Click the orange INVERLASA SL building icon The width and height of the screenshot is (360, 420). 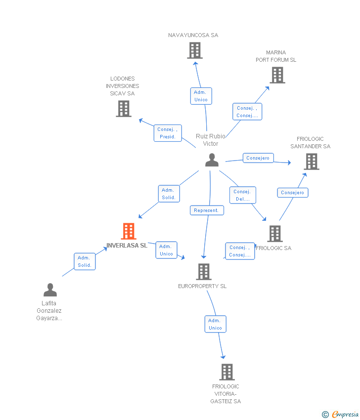(129, 231)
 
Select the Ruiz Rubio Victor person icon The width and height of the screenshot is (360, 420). (212, 160)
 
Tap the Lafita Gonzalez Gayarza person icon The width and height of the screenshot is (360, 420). (50, 290)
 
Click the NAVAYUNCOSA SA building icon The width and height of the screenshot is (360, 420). (195, 50)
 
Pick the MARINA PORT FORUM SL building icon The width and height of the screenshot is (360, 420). (277, 75)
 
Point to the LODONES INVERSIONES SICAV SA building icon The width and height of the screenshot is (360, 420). (124, 109)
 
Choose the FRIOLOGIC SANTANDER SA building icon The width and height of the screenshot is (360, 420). (312, 162)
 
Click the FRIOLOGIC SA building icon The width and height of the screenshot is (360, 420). (275, 234)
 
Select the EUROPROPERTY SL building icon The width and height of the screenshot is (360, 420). (204, 272)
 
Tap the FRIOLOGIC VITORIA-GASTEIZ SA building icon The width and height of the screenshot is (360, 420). (227, 372)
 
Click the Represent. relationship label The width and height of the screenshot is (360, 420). (207, 210)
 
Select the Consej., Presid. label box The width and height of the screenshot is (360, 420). (168, 133)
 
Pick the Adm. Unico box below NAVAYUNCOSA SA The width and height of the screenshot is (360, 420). (201, 96)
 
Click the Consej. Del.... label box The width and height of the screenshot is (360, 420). (243, 195)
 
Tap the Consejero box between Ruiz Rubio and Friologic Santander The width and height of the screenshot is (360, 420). (258, 158)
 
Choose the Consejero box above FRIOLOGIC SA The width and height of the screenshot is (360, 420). (293, 193)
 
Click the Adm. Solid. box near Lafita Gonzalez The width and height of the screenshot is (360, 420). (85, 261)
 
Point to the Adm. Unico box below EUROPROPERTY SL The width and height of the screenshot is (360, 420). (216, 324)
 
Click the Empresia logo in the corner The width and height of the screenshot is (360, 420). (340, 415)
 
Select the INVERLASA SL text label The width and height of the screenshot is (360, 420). (127, 246)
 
